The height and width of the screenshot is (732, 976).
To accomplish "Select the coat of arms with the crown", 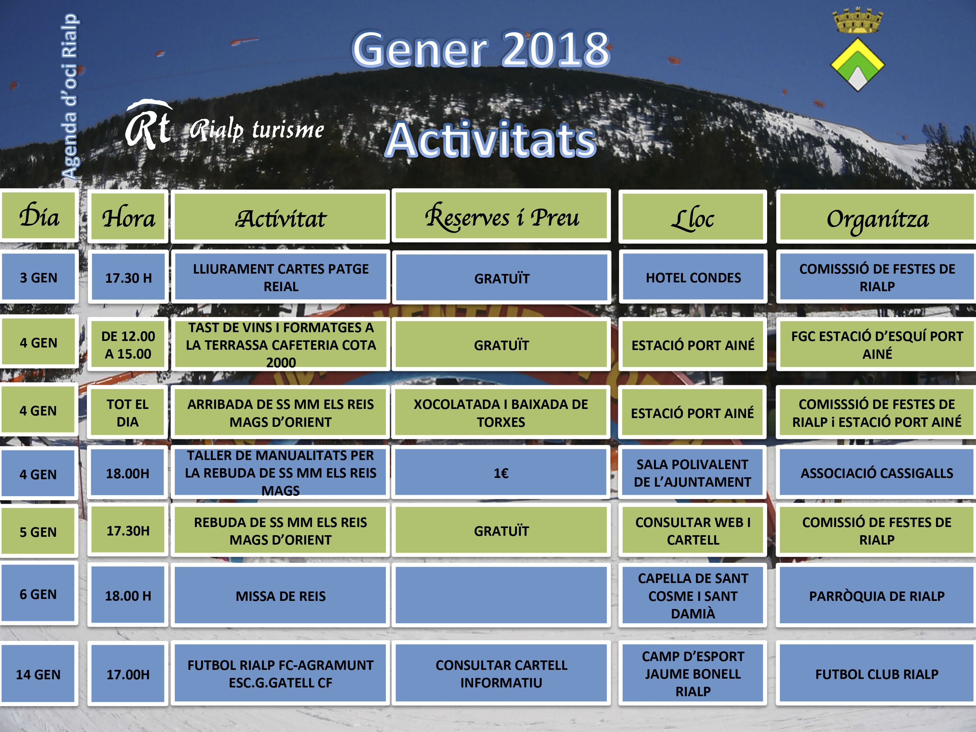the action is point(857,49).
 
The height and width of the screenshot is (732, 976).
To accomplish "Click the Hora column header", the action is point(128,217).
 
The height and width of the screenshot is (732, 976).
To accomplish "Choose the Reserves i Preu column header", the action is point(501,216).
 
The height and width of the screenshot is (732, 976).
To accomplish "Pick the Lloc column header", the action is point(693,217).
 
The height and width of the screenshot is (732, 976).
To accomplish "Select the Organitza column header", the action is point(877,217).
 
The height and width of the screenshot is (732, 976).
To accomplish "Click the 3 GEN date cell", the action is point(39,277).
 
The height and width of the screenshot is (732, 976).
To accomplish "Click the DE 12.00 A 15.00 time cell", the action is point(128,345).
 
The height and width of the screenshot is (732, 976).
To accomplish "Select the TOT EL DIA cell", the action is point(128,413).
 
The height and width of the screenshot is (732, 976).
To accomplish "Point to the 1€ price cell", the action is point(501,473).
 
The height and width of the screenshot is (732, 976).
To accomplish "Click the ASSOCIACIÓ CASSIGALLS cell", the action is point(877,473).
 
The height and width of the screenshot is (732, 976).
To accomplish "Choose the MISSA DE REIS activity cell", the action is point(281,595).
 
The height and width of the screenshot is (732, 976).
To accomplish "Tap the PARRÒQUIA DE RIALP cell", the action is point(877,595).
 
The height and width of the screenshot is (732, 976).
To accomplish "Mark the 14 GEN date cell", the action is point(38,674).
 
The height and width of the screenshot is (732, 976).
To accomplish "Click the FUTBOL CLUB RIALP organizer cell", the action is point(877,674).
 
